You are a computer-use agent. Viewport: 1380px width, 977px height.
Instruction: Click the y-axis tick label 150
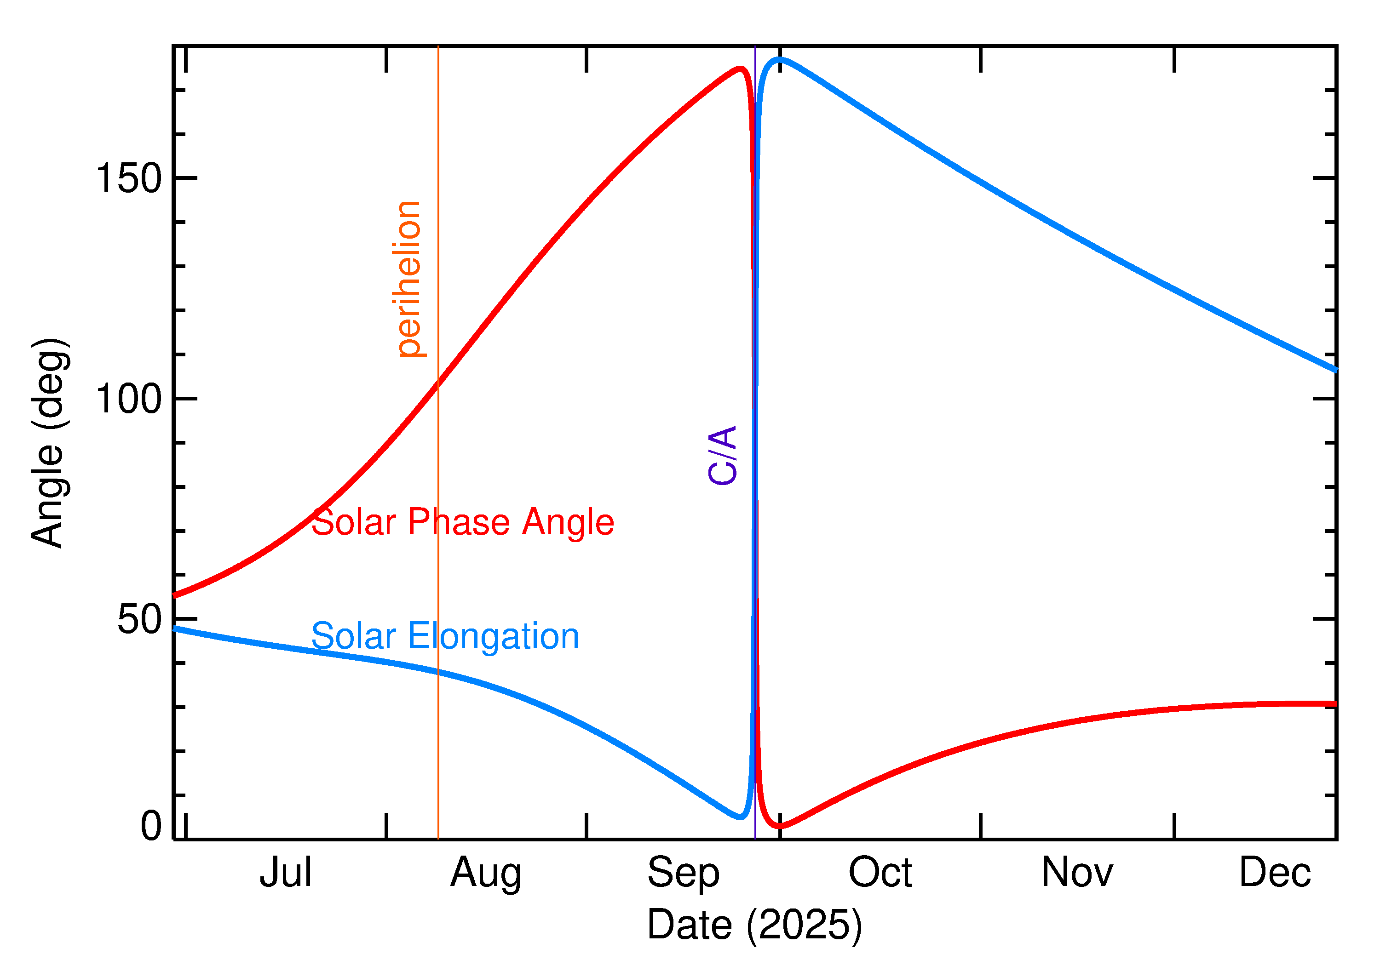pyautogui.click(x=129, y=179)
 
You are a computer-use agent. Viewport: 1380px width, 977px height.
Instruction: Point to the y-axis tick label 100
pyautogui.click(x=129, y=399)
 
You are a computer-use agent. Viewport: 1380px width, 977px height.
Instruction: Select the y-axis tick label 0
pyautogui.click(x=151, y=826)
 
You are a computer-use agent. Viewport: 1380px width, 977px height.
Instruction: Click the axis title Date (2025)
pyautogui.click(x=754, y=925)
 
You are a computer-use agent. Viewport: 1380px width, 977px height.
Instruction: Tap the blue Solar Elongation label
pyautogui.click(x=445, y=636)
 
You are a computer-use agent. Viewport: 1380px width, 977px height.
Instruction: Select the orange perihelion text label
pyautogui.click(x=408, y=279)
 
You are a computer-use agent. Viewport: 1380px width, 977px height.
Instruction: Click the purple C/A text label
pyautogui.click(x=723, y=456)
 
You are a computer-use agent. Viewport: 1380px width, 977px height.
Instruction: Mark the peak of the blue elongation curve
pyautogui.click(x=780, y=59)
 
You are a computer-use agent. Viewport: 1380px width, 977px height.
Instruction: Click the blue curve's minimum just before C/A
pyautogui.click(x=741, y=817)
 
